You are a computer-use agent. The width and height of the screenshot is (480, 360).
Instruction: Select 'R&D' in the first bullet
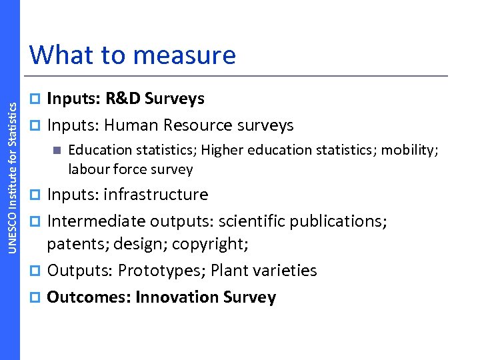123,99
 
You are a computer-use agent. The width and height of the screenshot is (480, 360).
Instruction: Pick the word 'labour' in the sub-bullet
88,169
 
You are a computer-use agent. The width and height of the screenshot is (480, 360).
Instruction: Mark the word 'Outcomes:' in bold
88,297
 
